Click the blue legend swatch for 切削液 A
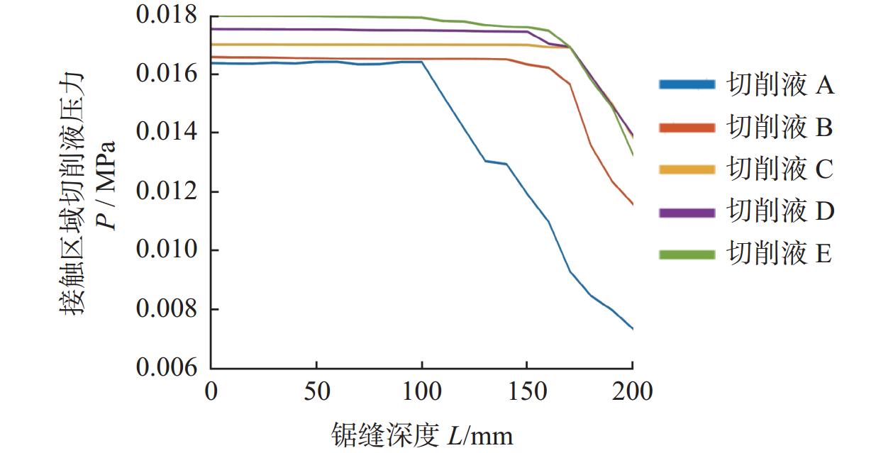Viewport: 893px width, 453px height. [x=687, y=85]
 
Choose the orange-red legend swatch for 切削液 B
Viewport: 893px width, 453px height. [x=687, y=128]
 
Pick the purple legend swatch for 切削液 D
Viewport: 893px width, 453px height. [x=687, y=211]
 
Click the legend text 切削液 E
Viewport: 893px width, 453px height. [x=780, y=253]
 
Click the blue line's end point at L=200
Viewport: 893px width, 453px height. [x=632, y=328]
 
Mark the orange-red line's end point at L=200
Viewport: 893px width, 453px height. [x=632, y=205]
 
